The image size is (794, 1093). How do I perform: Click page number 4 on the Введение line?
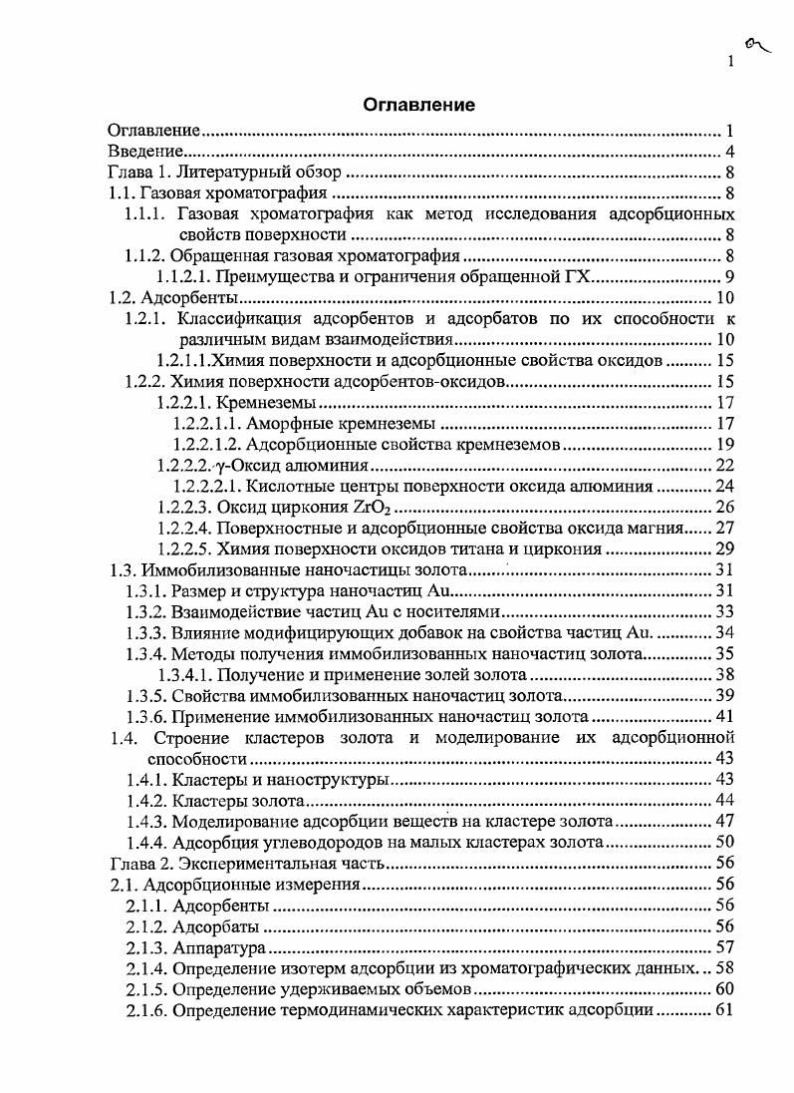[x=730, y=152]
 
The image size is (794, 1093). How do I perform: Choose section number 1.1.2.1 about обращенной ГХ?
[x=193, y=277]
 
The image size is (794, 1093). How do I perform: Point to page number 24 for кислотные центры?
[x=724, y=487]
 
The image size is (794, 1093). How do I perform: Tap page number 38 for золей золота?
[x=724, y=675]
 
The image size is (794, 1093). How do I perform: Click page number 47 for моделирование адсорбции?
[x=724, y=822]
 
